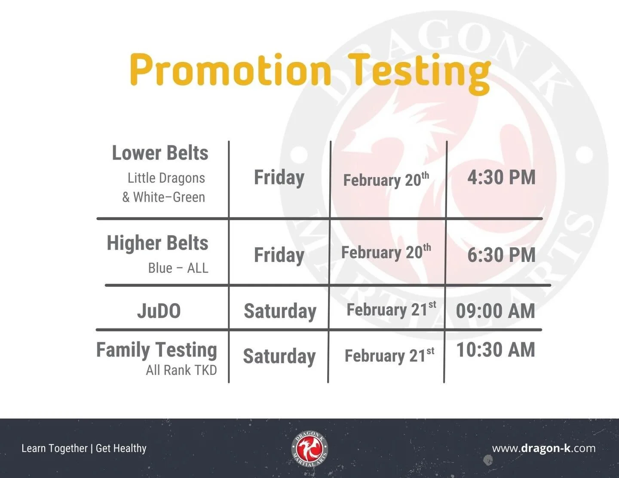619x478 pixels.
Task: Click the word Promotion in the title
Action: (230, 70)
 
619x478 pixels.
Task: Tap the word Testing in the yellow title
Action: (419, 71)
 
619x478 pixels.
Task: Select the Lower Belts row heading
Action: (160, 153)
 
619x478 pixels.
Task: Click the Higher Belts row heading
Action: (157, 243)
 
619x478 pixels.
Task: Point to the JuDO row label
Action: (159, 311)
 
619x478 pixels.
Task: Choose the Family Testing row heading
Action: (156, 350)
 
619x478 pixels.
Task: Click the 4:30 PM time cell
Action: (501, 178)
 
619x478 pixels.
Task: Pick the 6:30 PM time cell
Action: (501, 255)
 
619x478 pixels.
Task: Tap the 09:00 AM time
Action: (495, 311)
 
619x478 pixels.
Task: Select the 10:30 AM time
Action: (495, 350)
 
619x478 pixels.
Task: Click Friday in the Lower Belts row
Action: (279, 178)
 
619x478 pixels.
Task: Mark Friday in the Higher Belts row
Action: (279, 255)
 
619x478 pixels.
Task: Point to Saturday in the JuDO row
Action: (280, 311)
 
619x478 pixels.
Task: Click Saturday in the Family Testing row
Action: (279, 356)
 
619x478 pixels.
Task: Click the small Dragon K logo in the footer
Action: (309, 449)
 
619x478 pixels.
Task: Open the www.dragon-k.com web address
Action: (544, 448)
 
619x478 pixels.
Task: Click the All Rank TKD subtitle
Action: (181, 370)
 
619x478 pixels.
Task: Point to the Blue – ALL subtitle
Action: (178, 268)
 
